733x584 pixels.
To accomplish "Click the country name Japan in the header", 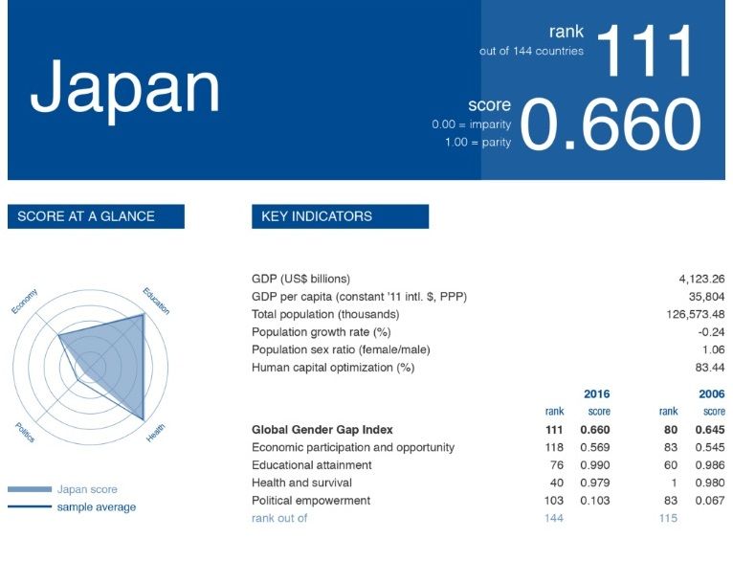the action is pos(124,90).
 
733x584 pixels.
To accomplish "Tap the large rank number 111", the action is pos(645,51).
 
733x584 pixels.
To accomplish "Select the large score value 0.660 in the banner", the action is pos(611,124).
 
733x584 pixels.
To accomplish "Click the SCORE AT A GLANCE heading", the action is pos(86,216).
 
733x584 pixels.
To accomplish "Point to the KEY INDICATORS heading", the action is pos(317,216).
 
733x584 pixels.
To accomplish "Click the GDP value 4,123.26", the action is pos(701,280).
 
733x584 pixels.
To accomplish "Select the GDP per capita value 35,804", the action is pos(706,297).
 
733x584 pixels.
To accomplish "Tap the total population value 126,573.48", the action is pos(696,314).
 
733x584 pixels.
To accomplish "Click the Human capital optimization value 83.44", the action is pos(710,368).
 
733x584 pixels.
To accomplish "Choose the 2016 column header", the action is pos(596,393).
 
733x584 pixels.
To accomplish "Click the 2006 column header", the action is pos(712,393).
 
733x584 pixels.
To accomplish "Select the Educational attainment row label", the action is pos(311,465).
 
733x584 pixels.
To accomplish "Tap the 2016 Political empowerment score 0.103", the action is pos(594,501).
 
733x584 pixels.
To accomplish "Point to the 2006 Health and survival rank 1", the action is pos(674,483).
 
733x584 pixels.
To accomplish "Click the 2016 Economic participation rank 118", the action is pos(554,447).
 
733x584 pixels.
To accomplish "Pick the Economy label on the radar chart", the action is pos(24,302).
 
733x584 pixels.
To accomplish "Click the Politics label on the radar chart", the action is pos(25,432).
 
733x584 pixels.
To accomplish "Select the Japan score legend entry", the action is pos(87,489).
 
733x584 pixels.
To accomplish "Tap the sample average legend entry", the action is pos(97,506).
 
